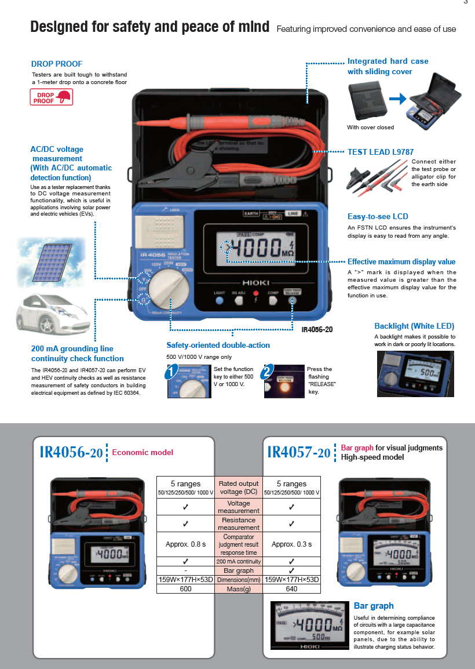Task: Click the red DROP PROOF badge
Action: coord(52,97)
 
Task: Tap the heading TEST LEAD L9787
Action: coord(381,152)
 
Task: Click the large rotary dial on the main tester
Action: coord(167,292)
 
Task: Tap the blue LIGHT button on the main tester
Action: coord(219,301)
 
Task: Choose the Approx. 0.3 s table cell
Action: coord(291,544)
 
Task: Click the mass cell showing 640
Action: coord(291,589)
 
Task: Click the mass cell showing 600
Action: coord(185,589)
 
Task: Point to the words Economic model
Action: coord(142,452)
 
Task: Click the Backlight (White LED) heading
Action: coord(414,326)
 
